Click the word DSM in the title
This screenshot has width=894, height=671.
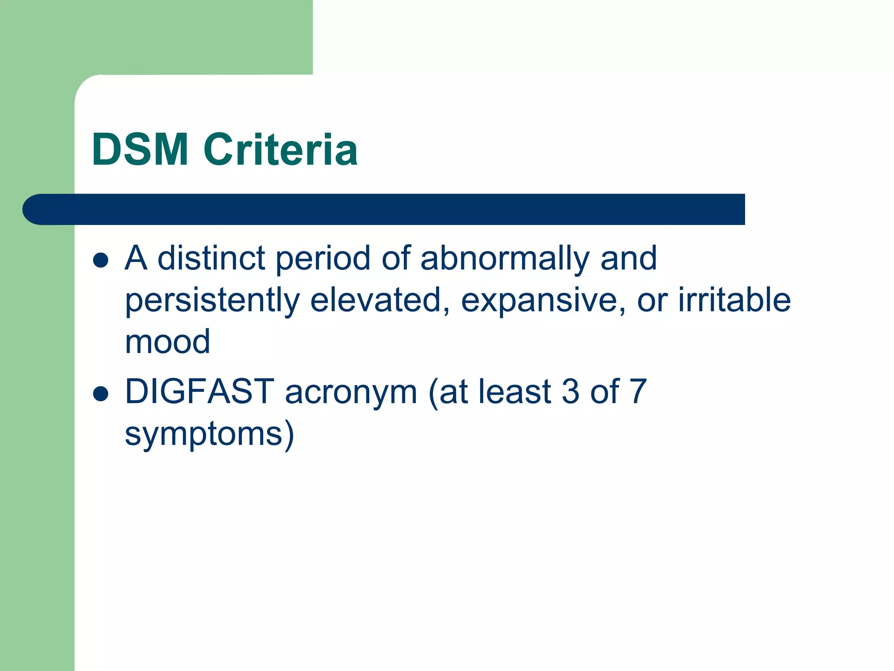(x=140, y=150)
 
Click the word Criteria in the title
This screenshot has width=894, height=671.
(x=281, y=150)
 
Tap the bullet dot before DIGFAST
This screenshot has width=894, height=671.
(x=101, y=393)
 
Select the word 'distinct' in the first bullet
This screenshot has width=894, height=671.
(x=211, y=258)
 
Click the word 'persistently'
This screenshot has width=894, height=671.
(x=212, y=301)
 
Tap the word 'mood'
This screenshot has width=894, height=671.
(x=168, y=342)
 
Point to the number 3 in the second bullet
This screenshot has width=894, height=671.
(x=571, y=391)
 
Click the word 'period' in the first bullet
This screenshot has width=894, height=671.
(x=323, y=259)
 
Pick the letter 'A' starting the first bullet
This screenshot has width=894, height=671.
(x=136, y=258)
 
